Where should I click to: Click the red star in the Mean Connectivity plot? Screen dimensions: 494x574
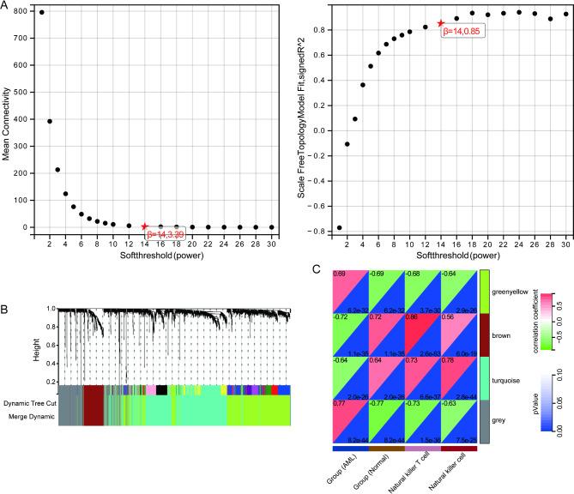(144, 226)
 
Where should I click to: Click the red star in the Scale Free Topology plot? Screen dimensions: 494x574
(441, 23)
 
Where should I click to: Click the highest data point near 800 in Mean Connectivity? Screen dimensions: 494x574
(42, 13)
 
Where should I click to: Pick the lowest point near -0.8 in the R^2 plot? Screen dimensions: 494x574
(339, 228)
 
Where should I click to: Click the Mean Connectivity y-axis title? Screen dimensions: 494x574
(7, 119)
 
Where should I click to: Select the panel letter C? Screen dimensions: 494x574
(317, 270)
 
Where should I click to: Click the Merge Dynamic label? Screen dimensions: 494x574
(33, 416)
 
